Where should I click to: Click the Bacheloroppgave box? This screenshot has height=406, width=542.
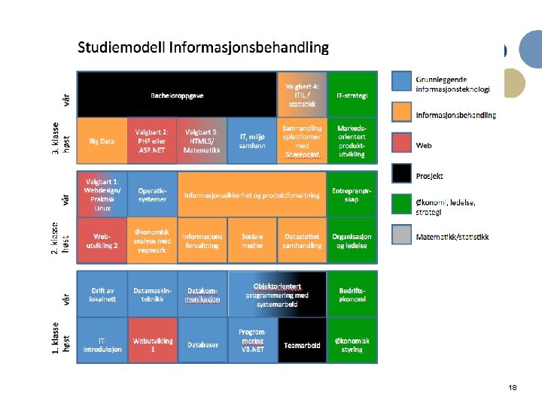point(177,95)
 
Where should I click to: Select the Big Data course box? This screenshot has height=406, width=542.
point(102,141)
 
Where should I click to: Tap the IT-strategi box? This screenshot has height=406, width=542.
point(352,95)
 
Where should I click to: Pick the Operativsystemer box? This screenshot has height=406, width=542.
point(152,194)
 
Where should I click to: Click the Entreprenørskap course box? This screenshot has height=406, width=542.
point(352,194)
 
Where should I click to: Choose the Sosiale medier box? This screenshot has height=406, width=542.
point(252,241)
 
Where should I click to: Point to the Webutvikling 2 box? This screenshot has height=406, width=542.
point(102,241)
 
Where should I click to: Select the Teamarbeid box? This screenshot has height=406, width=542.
point(302,345)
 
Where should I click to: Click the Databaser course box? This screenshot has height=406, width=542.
point(202,345)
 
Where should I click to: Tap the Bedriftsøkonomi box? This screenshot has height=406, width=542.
point(352,294)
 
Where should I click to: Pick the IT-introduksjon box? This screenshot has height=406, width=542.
point(102,345)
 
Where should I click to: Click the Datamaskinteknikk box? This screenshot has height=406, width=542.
point(152,294)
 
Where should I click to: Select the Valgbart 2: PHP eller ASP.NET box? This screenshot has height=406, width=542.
point(152,141)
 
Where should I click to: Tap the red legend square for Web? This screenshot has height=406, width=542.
point(403,144)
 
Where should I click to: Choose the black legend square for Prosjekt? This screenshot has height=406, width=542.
point(403,174)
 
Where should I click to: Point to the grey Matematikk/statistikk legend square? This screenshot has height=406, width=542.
point(403,236)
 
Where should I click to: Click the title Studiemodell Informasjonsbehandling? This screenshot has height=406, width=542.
point(203,47)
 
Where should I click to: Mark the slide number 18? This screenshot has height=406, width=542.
point(512,387)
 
